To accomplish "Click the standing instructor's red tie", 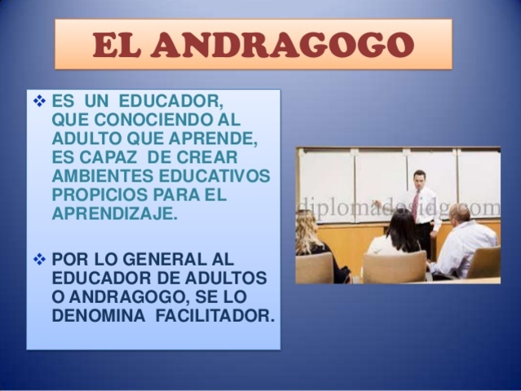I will [x=416, y=204].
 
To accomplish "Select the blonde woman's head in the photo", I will [x=307, y=225].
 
